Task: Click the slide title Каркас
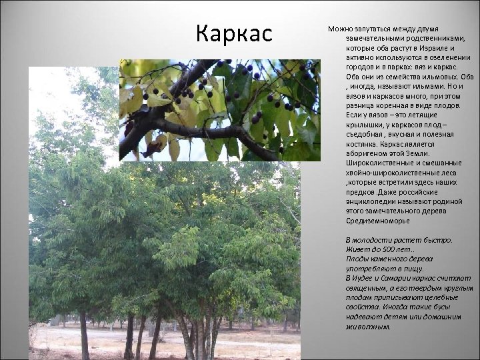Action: coord(235,33)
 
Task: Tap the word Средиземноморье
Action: coord(378,221)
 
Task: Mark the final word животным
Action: coord(367,327)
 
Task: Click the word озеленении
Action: coord(434,58)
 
